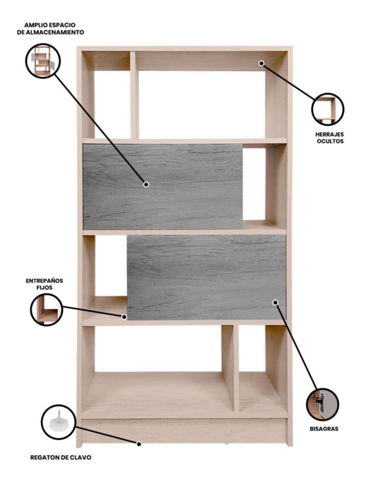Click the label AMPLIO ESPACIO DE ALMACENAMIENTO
tap(51, 29)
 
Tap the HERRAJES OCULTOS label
tap(329, 138)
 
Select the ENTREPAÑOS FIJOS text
tap(44, 284)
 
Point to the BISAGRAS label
tap(324, 429)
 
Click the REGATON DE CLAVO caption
tap(61, 457)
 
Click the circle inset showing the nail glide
tap(58, 422)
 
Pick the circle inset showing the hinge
tap(323, 404)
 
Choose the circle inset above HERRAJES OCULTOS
tap(328, 109)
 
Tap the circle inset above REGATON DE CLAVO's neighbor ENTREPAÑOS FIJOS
tap(47, 310)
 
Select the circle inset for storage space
tap(43, 61)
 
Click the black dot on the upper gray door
tap(146, 184)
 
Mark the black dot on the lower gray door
tap(275, 302)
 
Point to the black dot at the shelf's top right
tap(261, 63)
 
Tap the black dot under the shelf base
tap(139, 444)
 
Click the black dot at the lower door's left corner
tap(124, 317)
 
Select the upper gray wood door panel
tap(163, 187)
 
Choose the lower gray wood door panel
tap(206, 278)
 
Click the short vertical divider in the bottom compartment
tap(230, 368)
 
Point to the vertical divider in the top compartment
tap(135, 95)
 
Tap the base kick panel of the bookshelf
tap(184, 431)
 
